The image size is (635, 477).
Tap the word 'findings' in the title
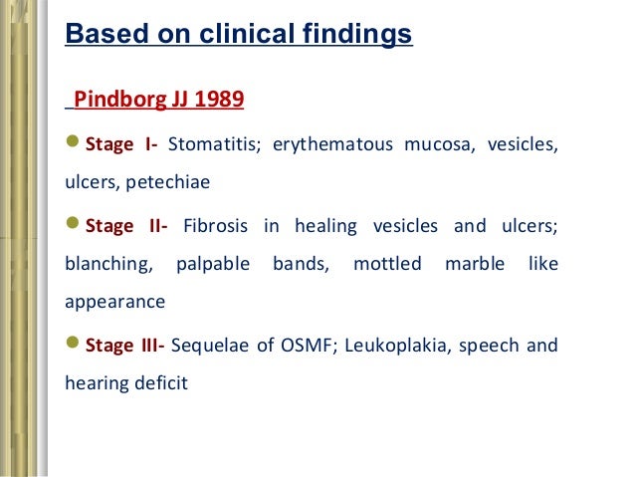pos(357,35)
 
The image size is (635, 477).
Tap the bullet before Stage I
pos(72,145)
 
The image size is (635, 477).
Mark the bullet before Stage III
pos(72,346)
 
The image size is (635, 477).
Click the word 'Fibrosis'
pos(215,226)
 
